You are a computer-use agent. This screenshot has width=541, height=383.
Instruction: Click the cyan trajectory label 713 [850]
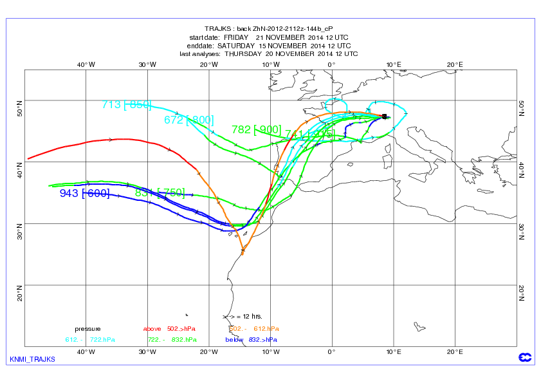[126, 104]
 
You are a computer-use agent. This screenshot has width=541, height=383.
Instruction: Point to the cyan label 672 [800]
[188, 119]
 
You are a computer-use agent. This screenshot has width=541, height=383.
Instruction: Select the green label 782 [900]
[256, 129]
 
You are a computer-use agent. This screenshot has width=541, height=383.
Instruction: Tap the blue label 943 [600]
[84, 193]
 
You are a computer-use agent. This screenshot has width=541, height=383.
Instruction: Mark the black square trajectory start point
[384, 117]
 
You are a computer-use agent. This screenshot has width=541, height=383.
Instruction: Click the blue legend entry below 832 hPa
[252, 339]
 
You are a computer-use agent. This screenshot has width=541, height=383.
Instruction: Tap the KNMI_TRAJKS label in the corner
[32, 359]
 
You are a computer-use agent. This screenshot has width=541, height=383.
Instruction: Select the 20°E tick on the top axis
[455, 64]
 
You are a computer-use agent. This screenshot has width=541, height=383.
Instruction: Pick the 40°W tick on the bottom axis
[86, 351]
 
